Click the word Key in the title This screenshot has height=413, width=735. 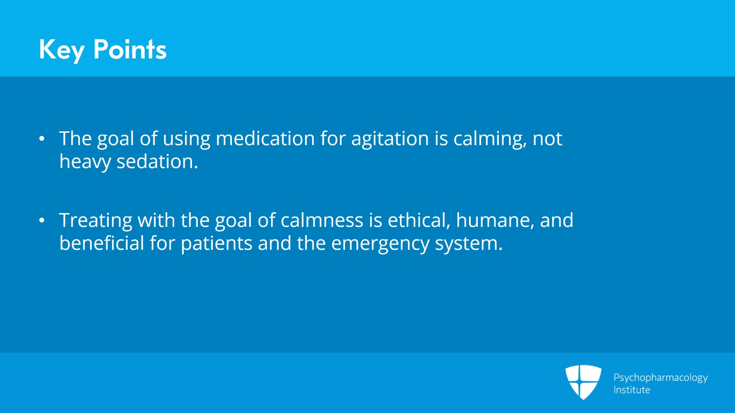click(62, 50)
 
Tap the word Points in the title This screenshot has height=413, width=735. click(130, 49)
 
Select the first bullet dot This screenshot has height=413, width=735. click(42, 139)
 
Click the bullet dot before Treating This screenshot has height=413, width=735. click(42, 221)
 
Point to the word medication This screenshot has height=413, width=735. click(265, 138)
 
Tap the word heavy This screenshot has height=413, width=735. click(85, 163)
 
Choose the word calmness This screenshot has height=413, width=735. click(322, 220)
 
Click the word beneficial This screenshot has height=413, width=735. click(102, 243)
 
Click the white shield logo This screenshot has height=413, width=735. click(583, 382)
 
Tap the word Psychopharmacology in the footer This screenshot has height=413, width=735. click(661, 378)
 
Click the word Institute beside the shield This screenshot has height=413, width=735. click(632, 390)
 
